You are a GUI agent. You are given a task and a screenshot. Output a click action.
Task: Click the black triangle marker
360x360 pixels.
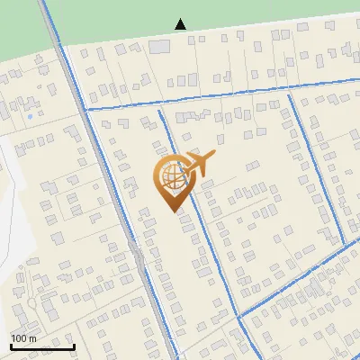(181, 24)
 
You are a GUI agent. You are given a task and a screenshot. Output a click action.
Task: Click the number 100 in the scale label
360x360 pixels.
(19, 337)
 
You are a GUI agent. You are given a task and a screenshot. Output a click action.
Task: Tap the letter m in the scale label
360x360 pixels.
(32, 337)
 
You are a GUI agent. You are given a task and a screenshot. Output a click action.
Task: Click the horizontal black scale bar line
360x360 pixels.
(42, 346)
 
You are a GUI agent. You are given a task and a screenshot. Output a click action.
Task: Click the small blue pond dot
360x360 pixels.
(30, 116)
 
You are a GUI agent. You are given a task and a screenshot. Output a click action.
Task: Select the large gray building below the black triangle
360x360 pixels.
(160, 46)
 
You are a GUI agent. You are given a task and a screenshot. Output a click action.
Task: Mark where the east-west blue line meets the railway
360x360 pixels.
(85, 109)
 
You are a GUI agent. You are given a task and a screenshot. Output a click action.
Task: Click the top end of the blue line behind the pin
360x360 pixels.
(160, 112)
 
